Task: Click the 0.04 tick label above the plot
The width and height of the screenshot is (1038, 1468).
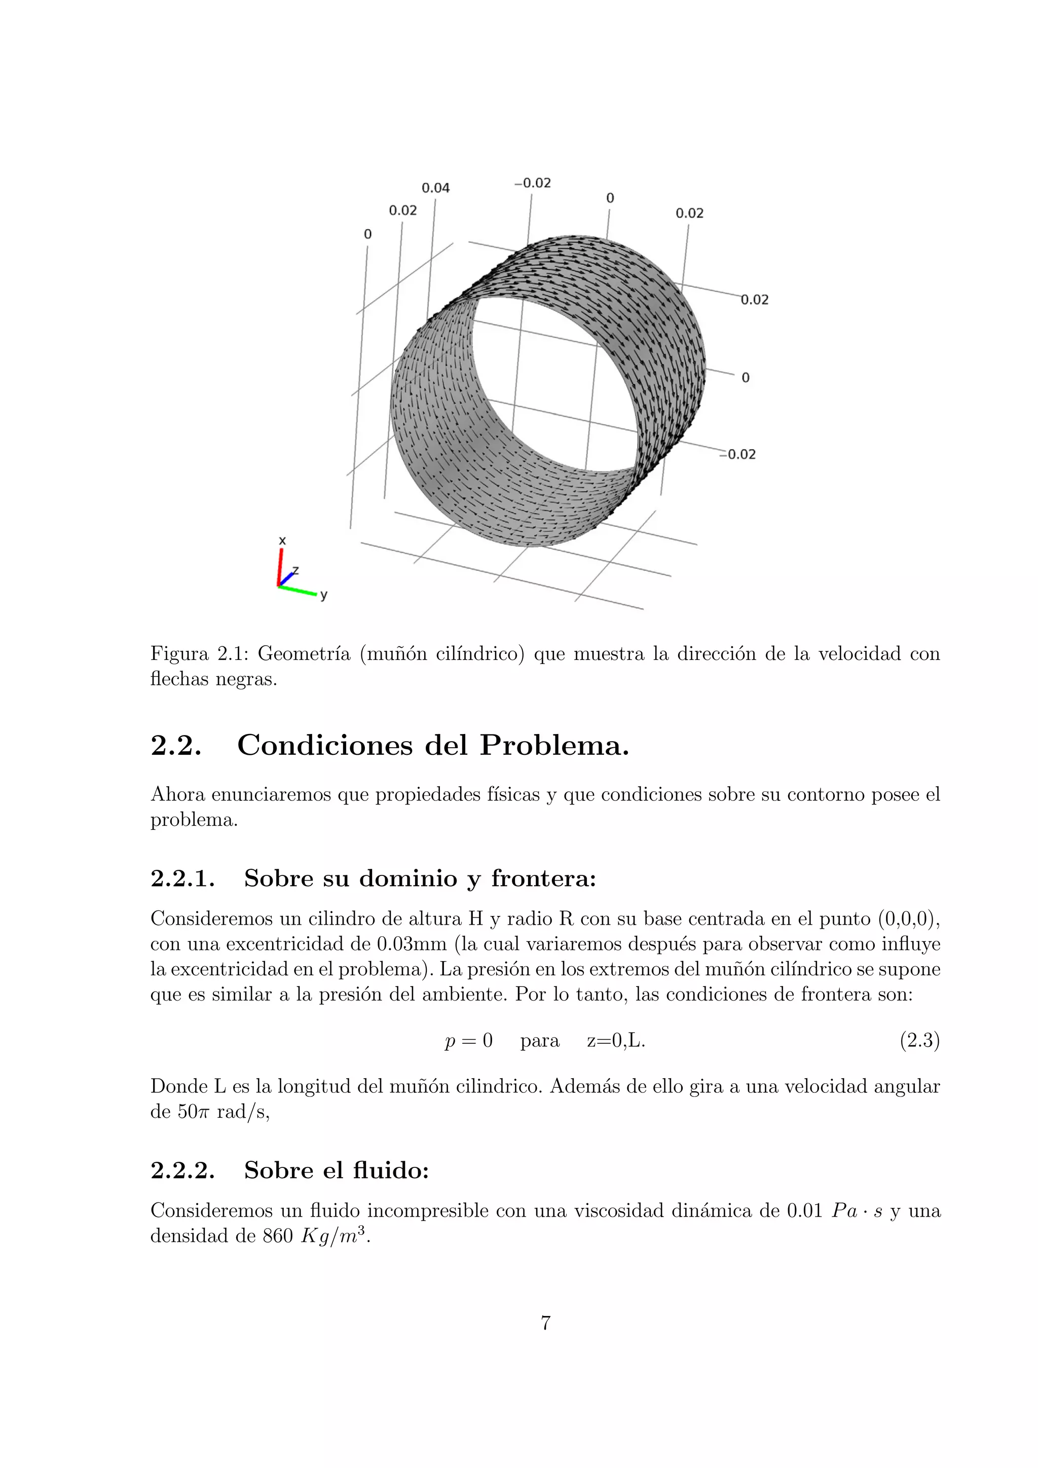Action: [x=435, y=188]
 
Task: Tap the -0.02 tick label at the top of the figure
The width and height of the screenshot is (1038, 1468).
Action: [x=532, y=183]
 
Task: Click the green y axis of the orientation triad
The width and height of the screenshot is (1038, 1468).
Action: [x=298, y=590]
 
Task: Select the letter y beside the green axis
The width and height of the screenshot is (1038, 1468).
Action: [x=324, y=595]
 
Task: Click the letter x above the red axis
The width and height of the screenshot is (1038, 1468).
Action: [x=282, y=541]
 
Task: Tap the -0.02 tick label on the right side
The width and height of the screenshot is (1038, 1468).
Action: [x=739, y=455]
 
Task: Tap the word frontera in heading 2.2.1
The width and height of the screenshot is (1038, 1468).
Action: [x=543, y=879]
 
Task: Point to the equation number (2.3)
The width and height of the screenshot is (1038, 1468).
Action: [x=919, y=1041]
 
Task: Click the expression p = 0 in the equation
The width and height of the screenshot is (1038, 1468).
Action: [x=468, y=1041]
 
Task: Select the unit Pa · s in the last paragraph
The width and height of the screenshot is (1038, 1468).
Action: [x=857, y=1211]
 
